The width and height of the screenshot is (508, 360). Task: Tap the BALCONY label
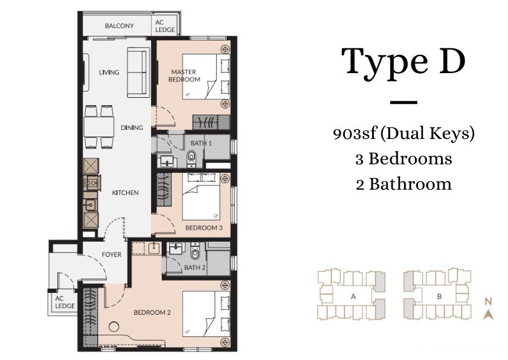pyautogui.click(x=119, y=26)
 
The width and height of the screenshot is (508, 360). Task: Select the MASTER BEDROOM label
pyautogui.click(x=185, y=76)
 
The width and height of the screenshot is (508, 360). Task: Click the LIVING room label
pyautogui.click(x=109, y=72)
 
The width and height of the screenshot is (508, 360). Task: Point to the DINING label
pyautogui.click(x=132, y=127)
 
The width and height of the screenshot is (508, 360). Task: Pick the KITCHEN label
pyautogui.click(x=125, y=193)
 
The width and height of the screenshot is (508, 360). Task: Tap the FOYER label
pyautogui.click(x=111, y=254)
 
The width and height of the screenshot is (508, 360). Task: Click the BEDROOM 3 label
pyautogui.click(x=200, y=228)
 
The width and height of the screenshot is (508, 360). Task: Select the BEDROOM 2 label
pyautogui.click(x=149, y=312)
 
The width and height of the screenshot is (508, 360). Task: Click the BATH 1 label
pyautogui.click(x=201, y=143)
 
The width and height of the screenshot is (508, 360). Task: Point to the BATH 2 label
pyautogui.click(x=195, y=267)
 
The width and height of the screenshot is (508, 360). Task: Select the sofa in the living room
pyautogui.click(x=138, y=73)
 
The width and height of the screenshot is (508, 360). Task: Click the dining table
pyautogui.click(x=99, y=127)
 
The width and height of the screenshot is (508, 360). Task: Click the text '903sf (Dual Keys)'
pyautogui.click(x=404, y=133)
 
